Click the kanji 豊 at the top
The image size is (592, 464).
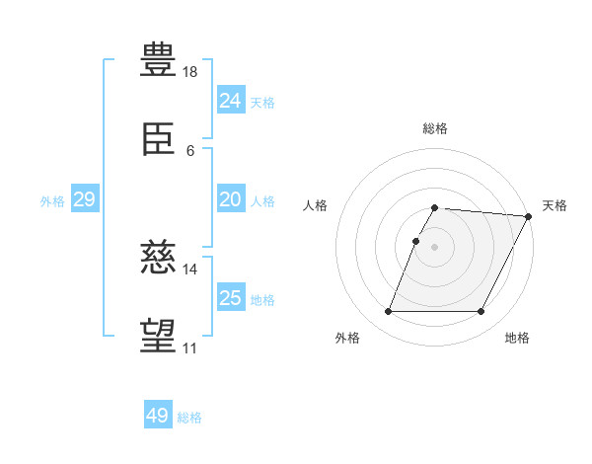pos(158,59)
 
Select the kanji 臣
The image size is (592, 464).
pos(158,139)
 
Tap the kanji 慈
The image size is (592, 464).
pos(158,257)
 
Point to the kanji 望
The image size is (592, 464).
pos(158,336)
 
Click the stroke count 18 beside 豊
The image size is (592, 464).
pos(189,72)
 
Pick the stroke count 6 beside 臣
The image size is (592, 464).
pos(190,151)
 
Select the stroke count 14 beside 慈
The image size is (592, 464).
pos(189,270)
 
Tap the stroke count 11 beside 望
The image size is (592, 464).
pos(189,348)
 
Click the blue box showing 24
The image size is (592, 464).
pos(232,100)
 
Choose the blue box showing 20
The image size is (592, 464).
pos(232,198)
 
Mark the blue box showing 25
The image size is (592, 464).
pos(232,296)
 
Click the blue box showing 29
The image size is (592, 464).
pos(85,198)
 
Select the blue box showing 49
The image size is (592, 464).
pos(158,414)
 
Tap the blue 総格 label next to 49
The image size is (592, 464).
pos(189,418)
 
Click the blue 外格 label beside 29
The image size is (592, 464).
pos(52,201)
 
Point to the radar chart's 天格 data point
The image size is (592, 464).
pos(529,216)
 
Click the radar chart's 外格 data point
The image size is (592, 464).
pos(389,311)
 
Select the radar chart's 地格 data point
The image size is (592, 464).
pos(481,311)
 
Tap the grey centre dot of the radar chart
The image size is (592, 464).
pos(434,247)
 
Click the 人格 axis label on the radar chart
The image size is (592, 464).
pos(315,205)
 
